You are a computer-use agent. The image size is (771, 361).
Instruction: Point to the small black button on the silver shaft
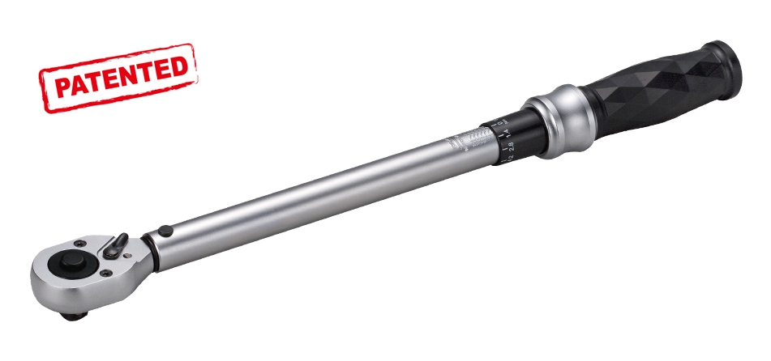[165, 230]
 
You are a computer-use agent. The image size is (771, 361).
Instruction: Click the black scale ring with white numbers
[511, 138]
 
